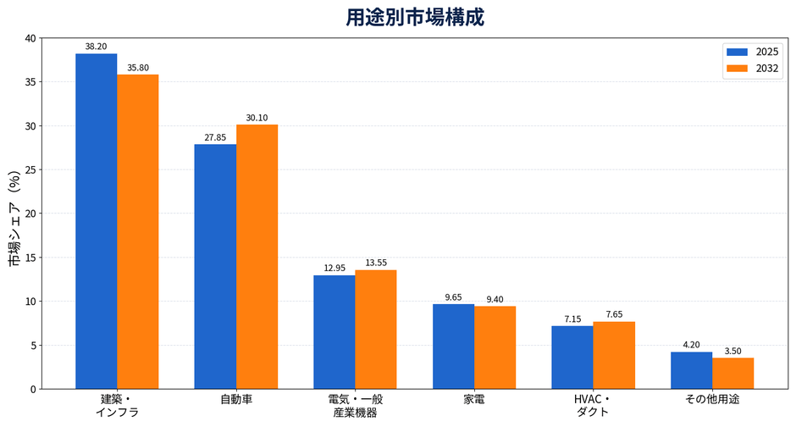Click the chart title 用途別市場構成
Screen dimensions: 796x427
[x=415, y=17]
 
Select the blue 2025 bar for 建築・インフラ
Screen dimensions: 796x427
[x=97, y=221]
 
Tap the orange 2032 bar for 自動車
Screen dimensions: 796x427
[x=257, y=257]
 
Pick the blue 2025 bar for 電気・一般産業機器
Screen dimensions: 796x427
[x=334, y=332]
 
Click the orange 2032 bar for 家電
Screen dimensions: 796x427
[x=495, y=348]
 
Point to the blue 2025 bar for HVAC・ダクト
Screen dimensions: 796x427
[x=572, y=358]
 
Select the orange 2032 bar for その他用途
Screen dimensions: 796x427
[x=733, y=374]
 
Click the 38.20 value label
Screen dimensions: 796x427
[x=96, y=47]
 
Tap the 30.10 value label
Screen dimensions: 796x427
[x=257, y=118]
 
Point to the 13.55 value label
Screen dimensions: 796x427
[x=376, y=263]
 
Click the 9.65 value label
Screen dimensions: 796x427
[x=453, y=297]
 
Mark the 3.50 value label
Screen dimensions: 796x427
[x=733, y=352]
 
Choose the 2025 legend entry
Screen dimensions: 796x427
[x=752, y=52]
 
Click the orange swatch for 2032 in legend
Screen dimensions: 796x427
[x=737, y=69]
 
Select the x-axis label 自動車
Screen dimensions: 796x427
[x=236, y=400]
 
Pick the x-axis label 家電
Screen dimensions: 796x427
[x=474, y=400]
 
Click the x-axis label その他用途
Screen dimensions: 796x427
[x=712, y=400]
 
